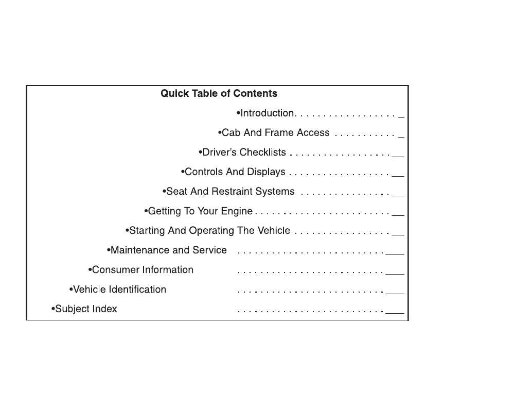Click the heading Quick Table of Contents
click(219, 94)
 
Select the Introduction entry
click(267, 113)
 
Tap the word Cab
click(231, 133)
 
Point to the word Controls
click(204, 172)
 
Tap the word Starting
click(147, 231)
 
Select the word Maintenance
click(135, 250)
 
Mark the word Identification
click(138, 290)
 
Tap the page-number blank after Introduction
click(401, 117)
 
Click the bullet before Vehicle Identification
click(70, 290)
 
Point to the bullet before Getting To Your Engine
click(146, 211)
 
